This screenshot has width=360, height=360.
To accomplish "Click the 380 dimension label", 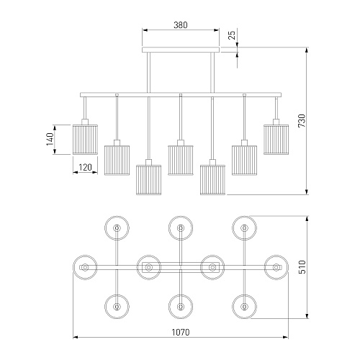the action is click(181, 25).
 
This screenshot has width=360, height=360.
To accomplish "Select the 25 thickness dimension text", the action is click(232, 35).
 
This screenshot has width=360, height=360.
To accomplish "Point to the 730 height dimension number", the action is click(302, 121).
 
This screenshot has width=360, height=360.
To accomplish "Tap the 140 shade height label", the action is click(50, 139).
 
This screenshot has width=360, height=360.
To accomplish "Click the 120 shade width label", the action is click(85, 167).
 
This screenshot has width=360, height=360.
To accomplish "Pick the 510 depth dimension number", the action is click(302, 267).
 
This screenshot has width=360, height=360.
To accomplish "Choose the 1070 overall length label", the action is click(181, 332).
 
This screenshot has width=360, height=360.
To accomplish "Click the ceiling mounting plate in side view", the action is click(181, 50).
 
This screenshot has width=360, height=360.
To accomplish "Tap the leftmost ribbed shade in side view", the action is click(85, 140).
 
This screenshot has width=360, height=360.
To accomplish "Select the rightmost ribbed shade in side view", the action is click(276, 140).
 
